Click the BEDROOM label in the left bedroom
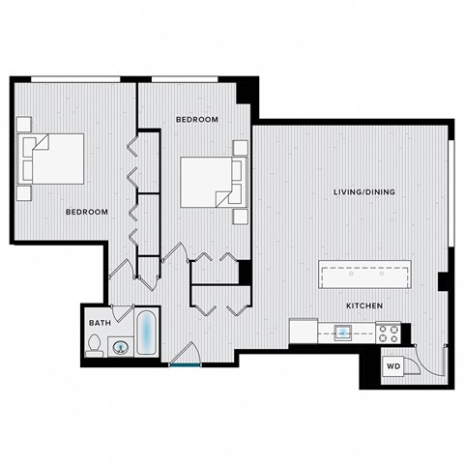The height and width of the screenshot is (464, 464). click(x=86, y=212)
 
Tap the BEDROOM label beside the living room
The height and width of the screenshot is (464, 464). click(x=196, y=119)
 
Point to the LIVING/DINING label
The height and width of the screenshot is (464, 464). click(x=364, y=192)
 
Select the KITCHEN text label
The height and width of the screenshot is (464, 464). click(x=367, y=306)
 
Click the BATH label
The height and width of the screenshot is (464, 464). click(x=99, y=323)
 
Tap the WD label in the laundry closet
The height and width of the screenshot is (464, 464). click(x=393, y=367)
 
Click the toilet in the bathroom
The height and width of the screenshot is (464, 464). click(x=95, y=345)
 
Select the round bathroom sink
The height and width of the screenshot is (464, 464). click(x=121, y=345)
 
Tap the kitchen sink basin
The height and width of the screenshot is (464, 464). click(x=343, y=333)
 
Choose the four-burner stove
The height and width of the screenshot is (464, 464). click(x=389, y=333)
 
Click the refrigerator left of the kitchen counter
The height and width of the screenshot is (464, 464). click(x=304, y=331)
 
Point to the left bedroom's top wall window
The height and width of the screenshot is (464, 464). click(x=70, y=78)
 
